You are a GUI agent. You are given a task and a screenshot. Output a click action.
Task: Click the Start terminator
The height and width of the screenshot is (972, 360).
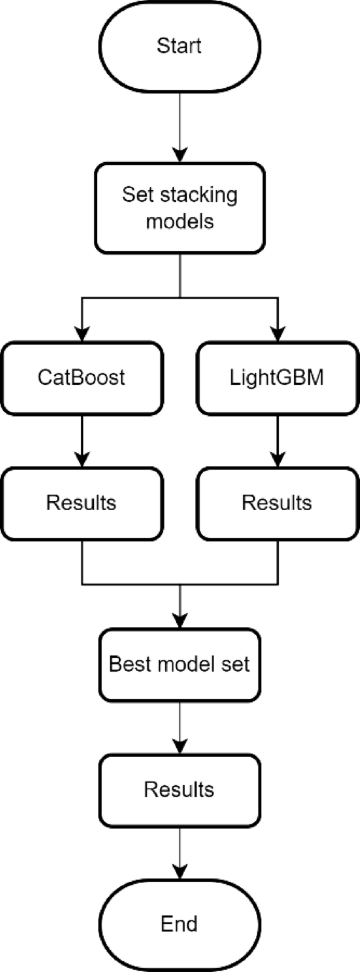[x=179, y=47]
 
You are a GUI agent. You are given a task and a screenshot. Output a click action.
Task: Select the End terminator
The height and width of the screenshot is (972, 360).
[x=179, y=924]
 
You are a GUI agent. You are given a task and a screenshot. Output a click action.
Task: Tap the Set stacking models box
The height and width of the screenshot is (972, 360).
[x=179, y=208]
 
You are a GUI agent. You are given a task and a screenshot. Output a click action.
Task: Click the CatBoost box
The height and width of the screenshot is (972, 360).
[x=81, y=378]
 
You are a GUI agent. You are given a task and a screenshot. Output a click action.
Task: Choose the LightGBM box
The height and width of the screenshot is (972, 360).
[x=277, y=378]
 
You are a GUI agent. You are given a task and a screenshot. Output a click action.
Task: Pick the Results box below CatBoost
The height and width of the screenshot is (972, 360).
[x=81, y=503]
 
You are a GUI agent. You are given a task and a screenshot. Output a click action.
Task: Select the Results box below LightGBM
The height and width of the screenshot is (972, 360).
[x=277, y=503]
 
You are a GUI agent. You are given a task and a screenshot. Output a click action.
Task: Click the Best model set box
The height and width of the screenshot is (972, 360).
[x=179, y=665]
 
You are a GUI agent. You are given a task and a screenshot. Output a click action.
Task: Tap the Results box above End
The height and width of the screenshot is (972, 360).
[x=179, y=790]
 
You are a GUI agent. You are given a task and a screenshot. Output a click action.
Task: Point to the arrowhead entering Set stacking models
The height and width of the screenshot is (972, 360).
[x=180, y=155]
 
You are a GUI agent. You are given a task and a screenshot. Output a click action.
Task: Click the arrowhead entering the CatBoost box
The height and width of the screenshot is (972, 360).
[x=81, y=334]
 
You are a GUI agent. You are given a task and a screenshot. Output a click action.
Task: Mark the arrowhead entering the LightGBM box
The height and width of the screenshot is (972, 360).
[x=278, y=334]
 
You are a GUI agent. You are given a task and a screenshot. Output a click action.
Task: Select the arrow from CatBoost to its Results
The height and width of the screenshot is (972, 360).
[x=81, y=441]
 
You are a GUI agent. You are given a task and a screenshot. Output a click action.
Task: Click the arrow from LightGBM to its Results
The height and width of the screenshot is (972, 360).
[x=278, y=441]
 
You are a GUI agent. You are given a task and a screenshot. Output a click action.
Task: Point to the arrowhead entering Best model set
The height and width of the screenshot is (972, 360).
[x=180, y=621]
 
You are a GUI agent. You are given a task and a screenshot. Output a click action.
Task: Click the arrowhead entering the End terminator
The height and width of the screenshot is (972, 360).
[x=180, y=873]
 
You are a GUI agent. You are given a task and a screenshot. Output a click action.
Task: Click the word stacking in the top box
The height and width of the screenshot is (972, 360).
[x=197, y=195]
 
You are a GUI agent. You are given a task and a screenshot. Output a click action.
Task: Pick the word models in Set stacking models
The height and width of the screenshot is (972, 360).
[x=180, y=221]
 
